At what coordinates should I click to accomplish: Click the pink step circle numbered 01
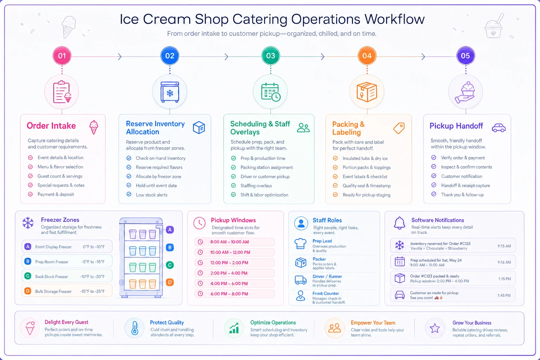[62, 56]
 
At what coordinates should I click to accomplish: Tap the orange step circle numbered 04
[367, 56]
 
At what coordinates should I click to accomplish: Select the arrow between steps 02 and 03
[226, 57]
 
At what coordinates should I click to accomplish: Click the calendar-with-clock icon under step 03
[270, 92]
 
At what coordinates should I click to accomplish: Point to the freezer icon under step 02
[170, 92]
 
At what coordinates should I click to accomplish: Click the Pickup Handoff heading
[456, 126]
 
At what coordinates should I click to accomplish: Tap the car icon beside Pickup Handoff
[499, 128]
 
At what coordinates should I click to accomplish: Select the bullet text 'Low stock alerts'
[152, 195]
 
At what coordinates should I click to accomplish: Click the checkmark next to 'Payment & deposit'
[30, 194]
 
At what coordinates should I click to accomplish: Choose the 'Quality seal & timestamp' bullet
[367, 186]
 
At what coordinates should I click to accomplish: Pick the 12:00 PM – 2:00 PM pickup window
[234, 263]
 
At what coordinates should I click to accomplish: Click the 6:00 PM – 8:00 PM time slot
[234, 294]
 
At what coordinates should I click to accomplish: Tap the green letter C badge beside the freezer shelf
[170, 265]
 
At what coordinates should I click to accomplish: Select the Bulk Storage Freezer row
[67, 291]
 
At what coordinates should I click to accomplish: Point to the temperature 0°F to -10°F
[94, 247]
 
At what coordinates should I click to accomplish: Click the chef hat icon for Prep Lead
[300, 244]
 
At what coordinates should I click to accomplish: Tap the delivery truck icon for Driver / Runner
[301, 280]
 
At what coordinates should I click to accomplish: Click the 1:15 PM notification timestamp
[504, 279]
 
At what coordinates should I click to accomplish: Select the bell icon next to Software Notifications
[399, 223]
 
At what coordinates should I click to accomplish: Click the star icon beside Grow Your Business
[435, 328]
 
